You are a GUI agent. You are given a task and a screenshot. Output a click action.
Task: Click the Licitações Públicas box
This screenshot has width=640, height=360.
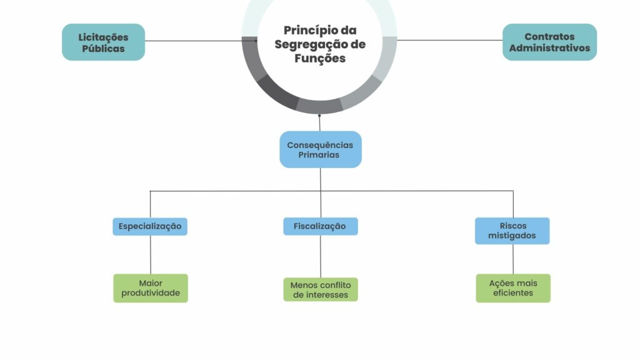[103, 42]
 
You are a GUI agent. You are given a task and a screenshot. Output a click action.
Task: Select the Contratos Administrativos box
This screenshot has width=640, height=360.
[549, 42]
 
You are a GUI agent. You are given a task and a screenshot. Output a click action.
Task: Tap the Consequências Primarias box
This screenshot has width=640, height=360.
[320, 149]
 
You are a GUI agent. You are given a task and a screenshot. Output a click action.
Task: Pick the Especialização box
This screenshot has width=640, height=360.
[150, 226]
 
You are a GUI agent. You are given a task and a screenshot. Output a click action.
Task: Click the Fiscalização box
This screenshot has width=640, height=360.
[320, 226]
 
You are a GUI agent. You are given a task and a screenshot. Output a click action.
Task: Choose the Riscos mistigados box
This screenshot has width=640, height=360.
[512, 231]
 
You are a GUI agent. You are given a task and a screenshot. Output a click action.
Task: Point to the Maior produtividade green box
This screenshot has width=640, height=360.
[150, 287]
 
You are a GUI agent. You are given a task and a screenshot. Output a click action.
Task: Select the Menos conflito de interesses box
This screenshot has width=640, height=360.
[320, 289]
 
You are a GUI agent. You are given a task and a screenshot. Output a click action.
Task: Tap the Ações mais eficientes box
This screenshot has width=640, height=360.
[512, 287]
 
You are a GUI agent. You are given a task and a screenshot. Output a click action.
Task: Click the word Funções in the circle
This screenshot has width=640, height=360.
[320, 58]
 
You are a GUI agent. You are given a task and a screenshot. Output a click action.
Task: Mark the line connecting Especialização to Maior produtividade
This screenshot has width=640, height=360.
[150, 254]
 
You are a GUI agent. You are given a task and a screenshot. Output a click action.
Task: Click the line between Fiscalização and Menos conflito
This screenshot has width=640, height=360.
[321, 256]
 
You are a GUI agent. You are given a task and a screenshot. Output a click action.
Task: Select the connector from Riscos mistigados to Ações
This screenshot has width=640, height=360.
[513, 259]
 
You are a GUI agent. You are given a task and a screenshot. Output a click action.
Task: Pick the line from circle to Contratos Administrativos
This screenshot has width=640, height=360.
[450, 41]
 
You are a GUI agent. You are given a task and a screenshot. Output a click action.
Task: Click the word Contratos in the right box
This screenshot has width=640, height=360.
[549, 37]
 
